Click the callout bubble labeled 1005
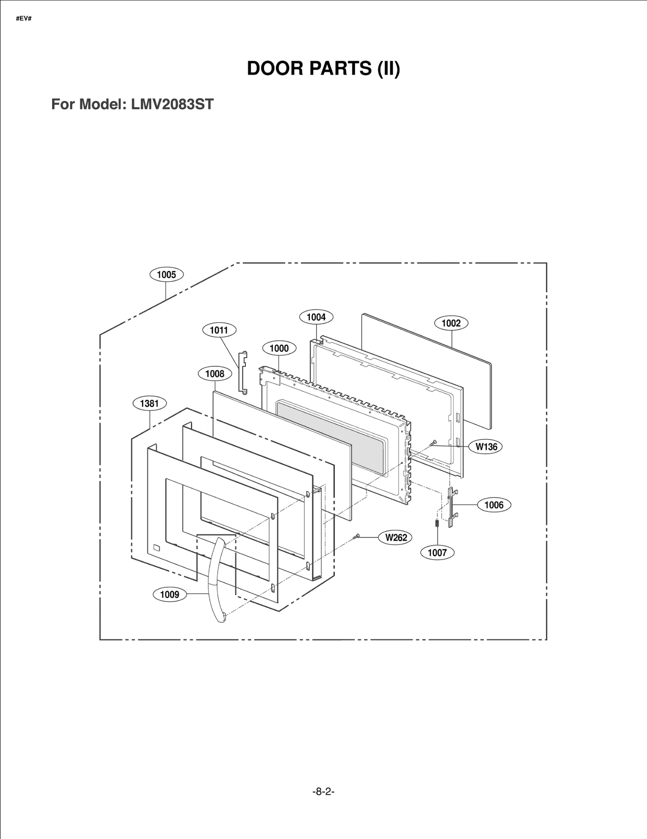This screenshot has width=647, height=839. pyautogui.click(x=166, y=274)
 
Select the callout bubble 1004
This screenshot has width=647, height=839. pyautogui.click(x=316, y=317)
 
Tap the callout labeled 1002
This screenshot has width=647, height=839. pyautogui.click(x=451, y=323)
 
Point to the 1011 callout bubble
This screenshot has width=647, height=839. pyautogui.click(x=219, y=330)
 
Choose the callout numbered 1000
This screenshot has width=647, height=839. pyautogui.click(x=279, y=348)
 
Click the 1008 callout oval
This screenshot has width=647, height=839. pyautogui.click(x=214, y=374)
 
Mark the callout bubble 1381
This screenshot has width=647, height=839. pyautogui.click(x=149, y=403)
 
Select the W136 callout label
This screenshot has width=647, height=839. pyautogui.click(x=486, y=446)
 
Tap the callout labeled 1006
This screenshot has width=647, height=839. pyautogui.click(x=494, y=505)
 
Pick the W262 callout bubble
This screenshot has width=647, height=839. pyautogui.click(x=395, y=537)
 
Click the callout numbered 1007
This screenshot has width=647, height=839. pyautogui.click(x=437, y=552)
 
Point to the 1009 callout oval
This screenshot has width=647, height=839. pyautogui.click(x=169, y=594)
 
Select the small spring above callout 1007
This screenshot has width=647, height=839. pyautogui.click(x=437, y=523)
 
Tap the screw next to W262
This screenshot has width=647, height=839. pyautogui.click(x=356, y=537)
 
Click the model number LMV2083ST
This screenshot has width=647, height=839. pyautogui.click(x=172, y=104)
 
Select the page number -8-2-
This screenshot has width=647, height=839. pyautogui.click(x=323, y=791)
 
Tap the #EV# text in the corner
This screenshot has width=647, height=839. pyautogui.click(x=23, y=19)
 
